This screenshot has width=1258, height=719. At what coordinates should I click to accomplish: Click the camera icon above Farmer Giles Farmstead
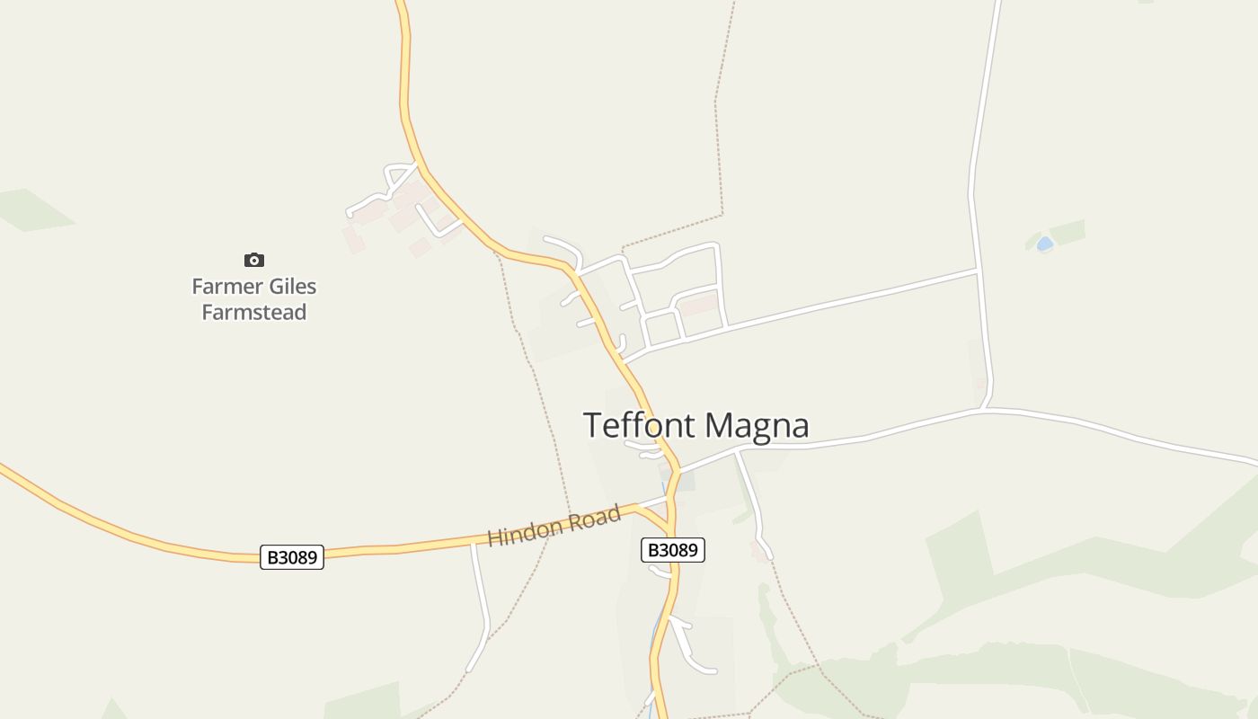[x=254, y=260]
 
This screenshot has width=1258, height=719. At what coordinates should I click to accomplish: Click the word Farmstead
[x=254, y=312]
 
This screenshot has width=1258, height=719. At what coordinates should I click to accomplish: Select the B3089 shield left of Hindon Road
[x=292, y=557]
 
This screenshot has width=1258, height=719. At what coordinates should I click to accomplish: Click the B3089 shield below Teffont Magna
[x=672, y=550]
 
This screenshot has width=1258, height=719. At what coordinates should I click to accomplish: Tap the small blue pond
[x=1044, y=244]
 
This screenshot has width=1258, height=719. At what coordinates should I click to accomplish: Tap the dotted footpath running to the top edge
[x=719, y=108]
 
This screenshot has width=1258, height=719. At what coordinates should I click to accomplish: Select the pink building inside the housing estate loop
[x=699, y=305]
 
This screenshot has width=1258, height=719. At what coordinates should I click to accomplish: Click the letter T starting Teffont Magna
[x=593, y=425]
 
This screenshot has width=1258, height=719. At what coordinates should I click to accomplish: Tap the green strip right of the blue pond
[x=1068, y=232]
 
